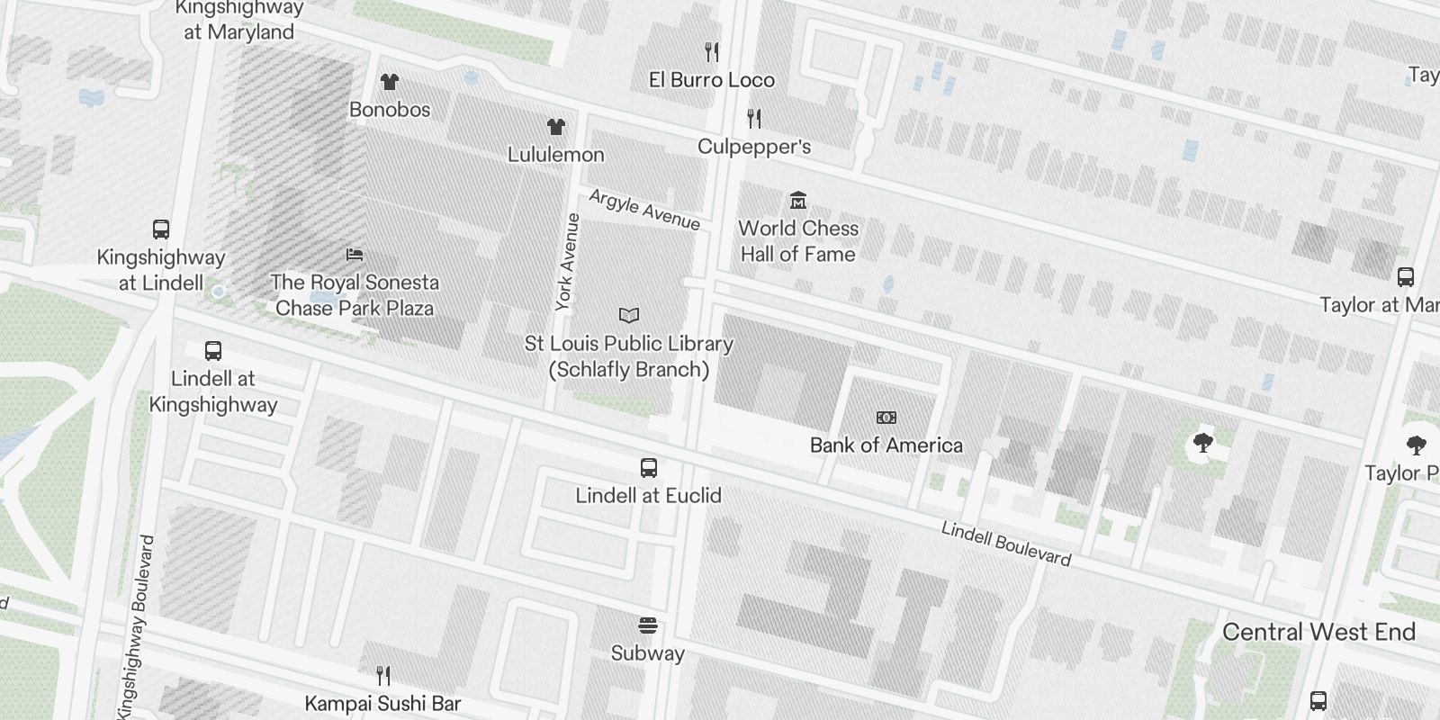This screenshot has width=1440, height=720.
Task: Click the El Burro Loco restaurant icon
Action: (712, 52)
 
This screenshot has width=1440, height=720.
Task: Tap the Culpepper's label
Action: (754, 147)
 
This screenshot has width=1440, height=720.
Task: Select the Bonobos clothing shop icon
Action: (389, 82)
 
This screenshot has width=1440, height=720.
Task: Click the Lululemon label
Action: (555, 155)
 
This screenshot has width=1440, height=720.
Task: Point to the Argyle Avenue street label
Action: (644, 209)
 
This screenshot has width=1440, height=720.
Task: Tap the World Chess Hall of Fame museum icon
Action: (797, 200)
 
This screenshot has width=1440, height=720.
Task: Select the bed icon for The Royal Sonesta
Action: (355, 255)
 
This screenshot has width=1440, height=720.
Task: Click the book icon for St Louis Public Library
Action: (629, 315)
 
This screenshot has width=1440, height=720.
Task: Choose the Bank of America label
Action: (886, 445)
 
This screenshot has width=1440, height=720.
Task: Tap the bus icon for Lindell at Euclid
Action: (648, 467)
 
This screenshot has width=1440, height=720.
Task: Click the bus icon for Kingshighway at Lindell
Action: (161, 229)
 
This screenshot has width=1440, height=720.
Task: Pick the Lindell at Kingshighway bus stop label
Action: (213, 391)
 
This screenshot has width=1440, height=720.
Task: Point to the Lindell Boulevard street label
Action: (1006, 544)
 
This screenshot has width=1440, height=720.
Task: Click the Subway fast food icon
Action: (648, 625)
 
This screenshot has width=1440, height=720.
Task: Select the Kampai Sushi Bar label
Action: (382, 704)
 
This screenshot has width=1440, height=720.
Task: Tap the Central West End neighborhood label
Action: (1318, 632)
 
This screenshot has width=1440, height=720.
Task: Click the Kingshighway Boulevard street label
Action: (137, 626)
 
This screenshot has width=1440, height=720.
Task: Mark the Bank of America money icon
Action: (886, 418)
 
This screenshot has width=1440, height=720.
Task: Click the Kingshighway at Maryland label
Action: (238, 21)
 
